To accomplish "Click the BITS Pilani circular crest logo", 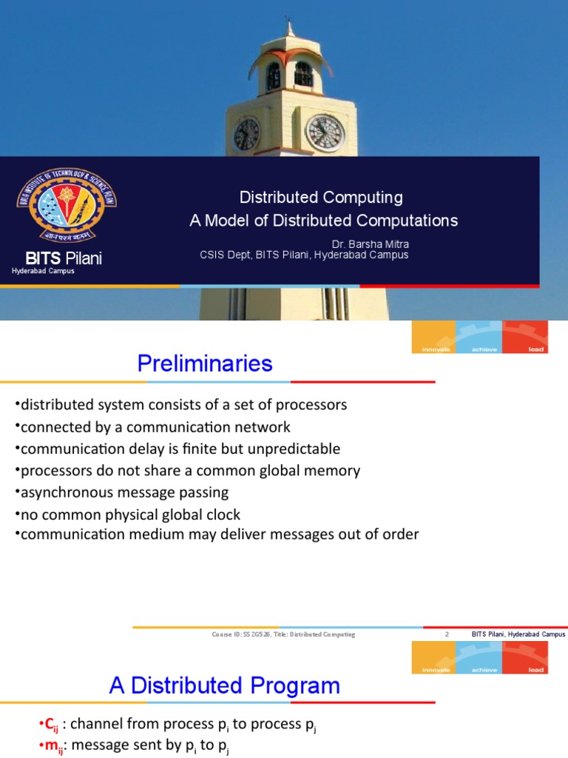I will [67, 207].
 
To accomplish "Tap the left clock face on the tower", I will [246, 134].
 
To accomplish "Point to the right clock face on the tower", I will [325, 133].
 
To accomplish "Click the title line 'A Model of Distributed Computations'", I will [323, 221].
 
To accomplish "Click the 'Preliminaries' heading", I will [205, 364].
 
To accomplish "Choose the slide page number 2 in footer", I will [447, 634].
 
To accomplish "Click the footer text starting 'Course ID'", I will [283, 634].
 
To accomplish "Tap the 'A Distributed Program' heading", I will [225, 685].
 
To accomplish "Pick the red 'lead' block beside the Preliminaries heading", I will [525, 338].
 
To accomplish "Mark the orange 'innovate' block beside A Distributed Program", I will [434, 658].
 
